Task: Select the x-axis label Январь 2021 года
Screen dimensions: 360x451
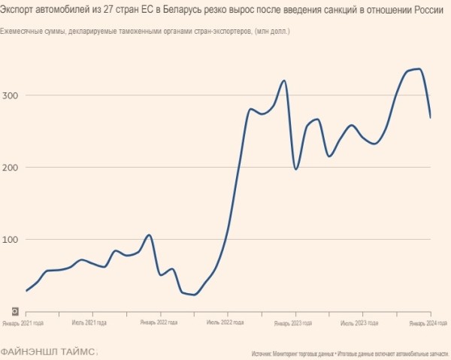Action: tap(23, 323)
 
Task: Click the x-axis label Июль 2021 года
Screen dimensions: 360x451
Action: tap(89, 323)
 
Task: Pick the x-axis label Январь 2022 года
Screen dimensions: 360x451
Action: tap(158, 323)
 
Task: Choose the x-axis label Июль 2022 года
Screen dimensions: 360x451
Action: tap(225, 323)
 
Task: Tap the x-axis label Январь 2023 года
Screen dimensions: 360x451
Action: tap(293, 323)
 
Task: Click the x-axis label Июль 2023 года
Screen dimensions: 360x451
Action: tap(359, 323)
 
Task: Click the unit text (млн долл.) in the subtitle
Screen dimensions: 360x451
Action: tap(272, 32)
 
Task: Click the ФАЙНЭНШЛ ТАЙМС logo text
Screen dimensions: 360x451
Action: tap(48, 351)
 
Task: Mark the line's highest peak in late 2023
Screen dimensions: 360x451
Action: tap(418, 69)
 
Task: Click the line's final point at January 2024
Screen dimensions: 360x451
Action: tap(430, 117)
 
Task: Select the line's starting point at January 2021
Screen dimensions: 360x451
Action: tap(26, 290)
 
